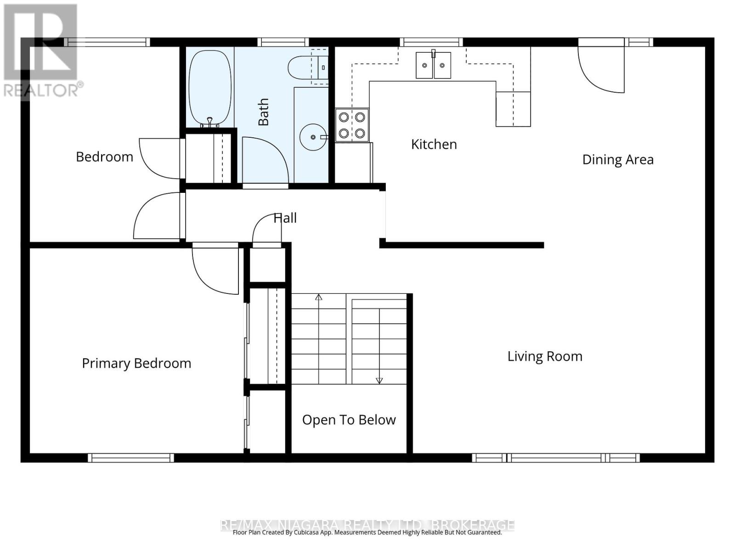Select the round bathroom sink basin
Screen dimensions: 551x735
point(313,137)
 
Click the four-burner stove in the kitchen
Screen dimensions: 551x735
point(352,125)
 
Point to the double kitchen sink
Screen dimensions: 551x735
point(433,65)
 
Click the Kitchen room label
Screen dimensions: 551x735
point(434,144)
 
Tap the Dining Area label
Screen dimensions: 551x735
point(617,159)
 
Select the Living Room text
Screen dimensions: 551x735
point(545,356)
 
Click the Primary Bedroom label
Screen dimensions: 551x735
point(136,363)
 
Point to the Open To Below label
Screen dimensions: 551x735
point(349,420)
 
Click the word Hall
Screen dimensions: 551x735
point(285,218)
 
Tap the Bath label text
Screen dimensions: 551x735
point(263,112)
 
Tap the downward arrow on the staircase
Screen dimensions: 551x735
point(379,380)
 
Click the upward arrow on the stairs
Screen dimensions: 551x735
point(318,298)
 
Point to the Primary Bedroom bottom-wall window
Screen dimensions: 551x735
point(131,457)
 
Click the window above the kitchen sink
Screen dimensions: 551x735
point(431,42)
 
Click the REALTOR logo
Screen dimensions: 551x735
point(41,51)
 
